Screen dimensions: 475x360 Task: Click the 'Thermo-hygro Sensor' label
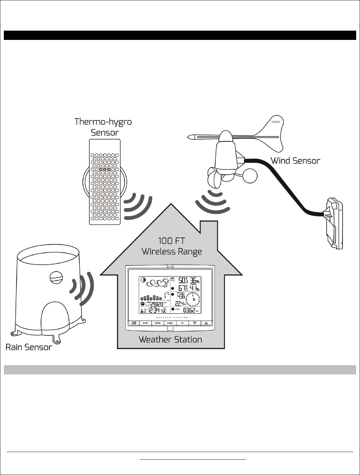[103, 127]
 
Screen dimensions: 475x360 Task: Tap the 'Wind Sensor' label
[295, 160]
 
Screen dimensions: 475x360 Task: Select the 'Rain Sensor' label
[29, 347]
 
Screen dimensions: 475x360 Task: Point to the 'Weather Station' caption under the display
[170, 339]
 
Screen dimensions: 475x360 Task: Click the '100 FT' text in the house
[172, 241]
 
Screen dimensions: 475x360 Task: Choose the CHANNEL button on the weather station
[170, 323]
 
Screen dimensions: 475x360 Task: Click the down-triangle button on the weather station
[194, 323]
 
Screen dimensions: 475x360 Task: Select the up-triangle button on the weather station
[206, 323]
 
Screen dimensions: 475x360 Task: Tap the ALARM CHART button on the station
[134, 323]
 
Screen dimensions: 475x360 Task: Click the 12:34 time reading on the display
[154, 310]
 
